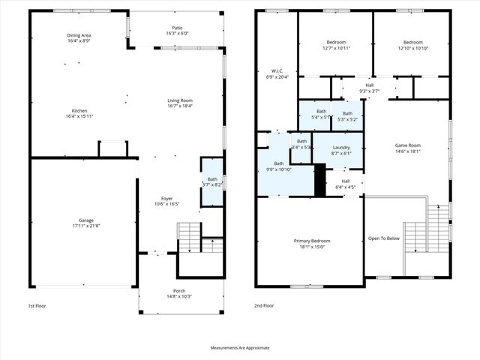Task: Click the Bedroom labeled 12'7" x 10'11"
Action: tap(335, 42)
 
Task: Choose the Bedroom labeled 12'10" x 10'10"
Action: tap(411, 42)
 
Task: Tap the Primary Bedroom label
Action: tap(311, 241)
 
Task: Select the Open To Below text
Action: tap(383, 239)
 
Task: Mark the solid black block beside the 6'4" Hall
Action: tap(319, 181)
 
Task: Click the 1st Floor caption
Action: tap(37, 306)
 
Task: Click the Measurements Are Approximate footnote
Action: tap(240, 348)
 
